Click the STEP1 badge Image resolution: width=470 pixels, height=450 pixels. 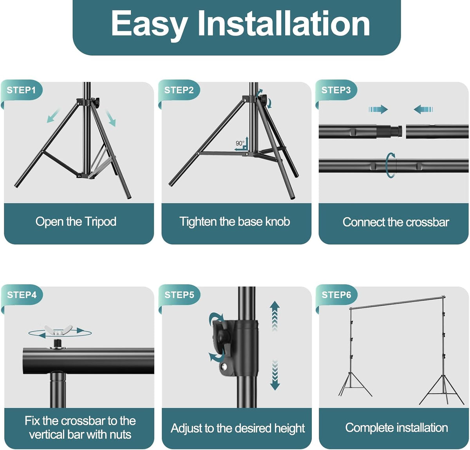point(21,90)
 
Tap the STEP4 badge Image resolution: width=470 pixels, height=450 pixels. point(22,295)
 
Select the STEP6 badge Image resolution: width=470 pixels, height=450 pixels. point(336,295)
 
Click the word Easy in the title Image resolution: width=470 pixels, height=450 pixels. point(149,25)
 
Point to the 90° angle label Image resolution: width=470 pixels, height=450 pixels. point(239,143)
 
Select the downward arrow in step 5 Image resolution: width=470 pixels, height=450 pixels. point(275,375)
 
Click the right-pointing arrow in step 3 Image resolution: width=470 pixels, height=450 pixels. point(378,109)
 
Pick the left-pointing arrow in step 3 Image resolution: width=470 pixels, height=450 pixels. point(423,109)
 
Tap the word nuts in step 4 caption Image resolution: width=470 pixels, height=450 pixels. point(120,435)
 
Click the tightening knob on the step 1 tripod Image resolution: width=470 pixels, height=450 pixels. point(96,102)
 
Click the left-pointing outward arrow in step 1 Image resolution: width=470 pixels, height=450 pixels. point(53,116)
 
